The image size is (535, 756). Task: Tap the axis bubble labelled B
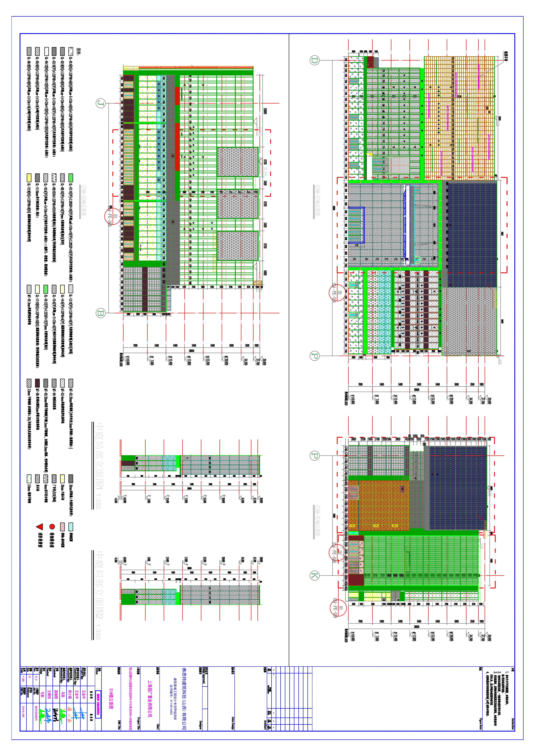[101, 313]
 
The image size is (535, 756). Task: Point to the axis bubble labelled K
[315, 576]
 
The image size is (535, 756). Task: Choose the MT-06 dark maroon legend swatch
[37, 383]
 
